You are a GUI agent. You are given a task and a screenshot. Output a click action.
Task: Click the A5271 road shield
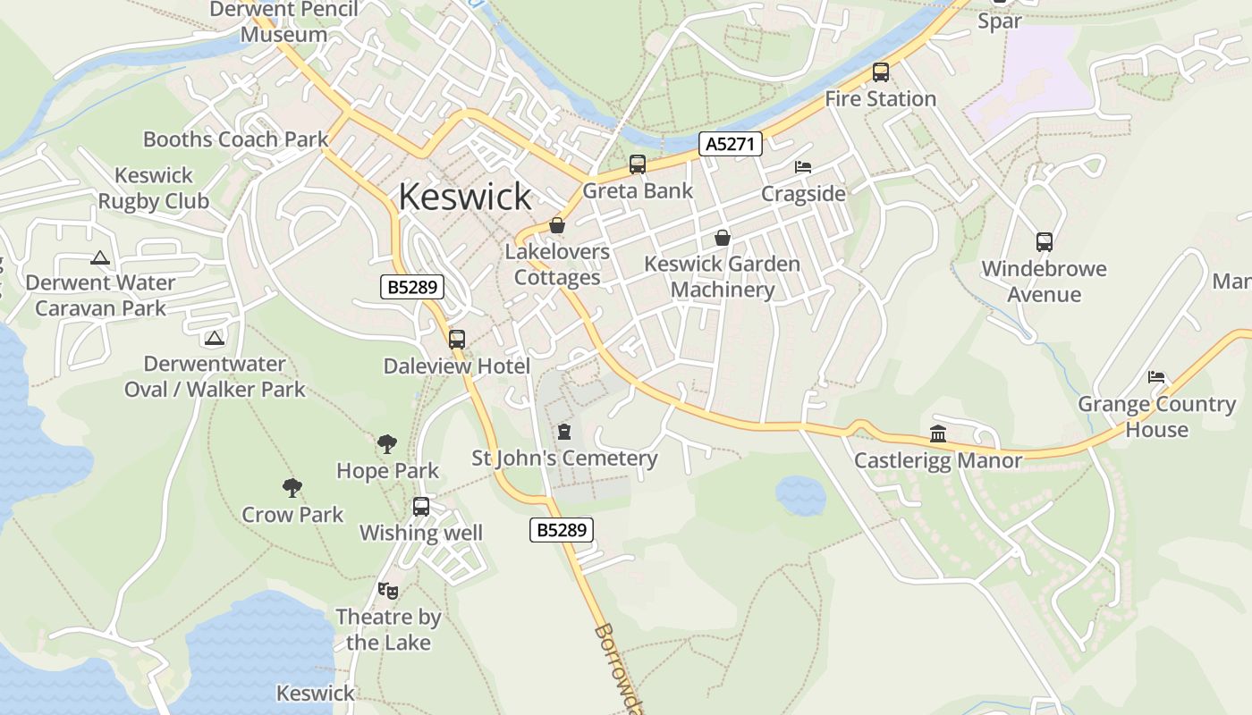(x=731, y=143)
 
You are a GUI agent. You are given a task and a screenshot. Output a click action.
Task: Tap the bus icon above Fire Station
(x=881, y=72)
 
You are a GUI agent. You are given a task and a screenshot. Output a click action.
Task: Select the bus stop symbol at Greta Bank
(x=638, y=164)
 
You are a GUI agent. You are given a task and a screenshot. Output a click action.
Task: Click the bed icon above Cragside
(x=803, y=167)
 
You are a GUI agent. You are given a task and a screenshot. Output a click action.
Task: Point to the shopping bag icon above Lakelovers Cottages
(x=557, y=225)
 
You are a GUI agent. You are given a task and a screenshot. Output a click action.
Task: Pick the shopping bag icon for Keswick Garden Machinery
(x=723, y=238)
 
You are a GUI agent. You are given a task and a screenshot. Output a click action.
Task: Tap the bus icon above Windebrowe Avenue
(x=1044, y=241)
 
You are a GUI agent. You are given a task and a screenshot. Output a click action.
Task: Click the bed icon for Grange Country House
(x=1156, y=377)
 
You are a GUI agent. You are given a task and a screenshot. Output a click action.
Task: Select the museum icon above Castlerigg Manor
(x=938, y=433)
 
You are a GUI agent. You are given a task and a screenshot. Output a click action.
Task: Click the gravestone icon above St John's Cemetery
(x=564, y=433)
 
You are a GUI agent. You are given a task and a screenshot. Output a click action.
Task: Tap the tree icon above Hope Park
(x=387, y=443)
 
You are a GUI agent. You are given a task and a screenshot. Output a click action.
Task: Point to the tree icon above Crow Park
(x=292, y=488)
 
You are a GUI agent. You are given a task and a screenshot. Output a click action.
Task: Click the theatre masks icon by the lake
(x=388, y=591)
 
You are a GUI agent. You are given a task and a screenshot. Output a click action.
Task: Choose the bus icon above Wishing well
(x=421, y=507)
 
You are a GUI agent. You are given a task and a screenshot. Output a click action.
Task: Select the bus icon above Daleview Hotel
(x=457, y=340)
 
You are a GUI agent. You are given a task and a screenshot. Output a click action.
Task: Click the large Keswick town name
(x=465, y=197)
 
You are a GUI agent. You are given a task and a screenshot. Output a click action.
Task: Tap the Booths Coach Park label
(x=236, y=139)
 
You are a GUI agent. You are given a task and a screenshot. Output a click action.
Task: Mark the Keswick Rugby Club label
(x=154, y=189)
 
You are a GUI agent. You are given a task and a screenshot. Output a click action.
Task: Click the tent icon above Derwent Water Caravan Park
(x=100, y=258)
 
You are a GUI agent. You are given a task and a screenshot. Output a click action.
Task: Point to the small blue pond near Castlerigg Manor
(x=800, y=494)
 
